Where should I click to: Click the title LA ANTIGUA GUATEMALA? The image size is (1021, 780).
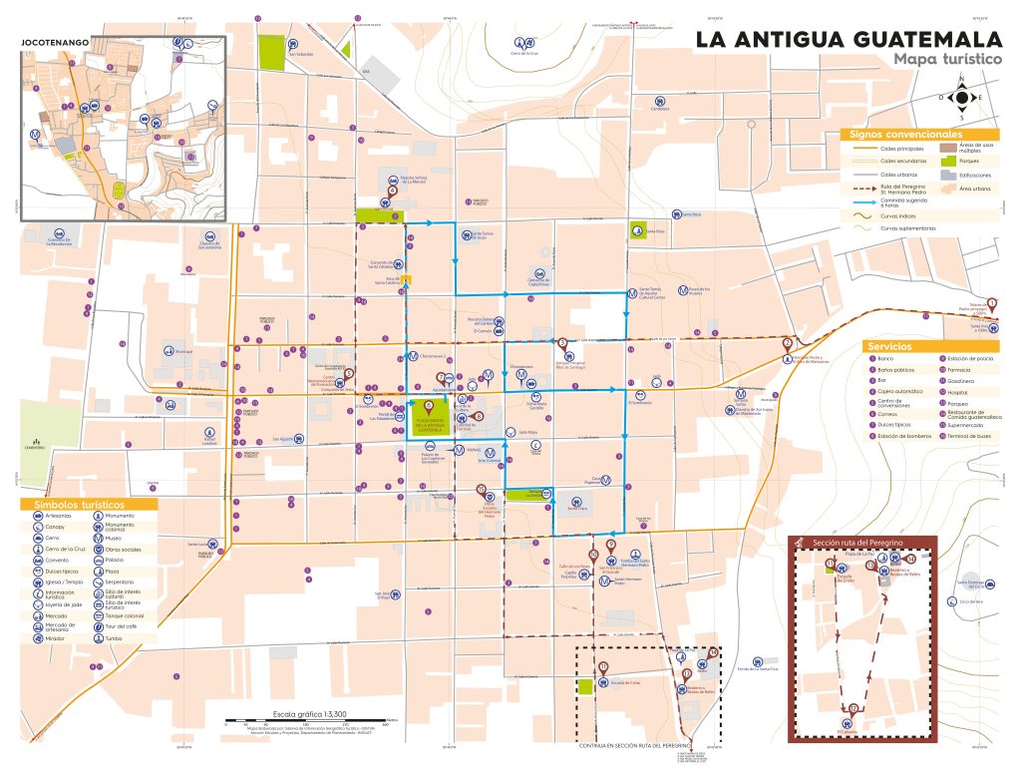849,40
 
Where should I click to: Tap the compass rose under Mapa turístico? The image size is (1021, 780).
962,97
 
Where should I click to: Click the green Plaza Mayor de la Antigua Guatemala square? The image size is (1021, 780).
429,419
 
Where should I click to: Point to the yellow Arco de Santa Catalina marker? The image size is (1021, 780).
405,279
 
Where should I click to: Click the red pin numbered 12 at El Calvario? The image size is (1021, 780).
854,709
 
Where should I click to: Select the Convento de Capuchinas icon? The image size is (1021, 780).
539,272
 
